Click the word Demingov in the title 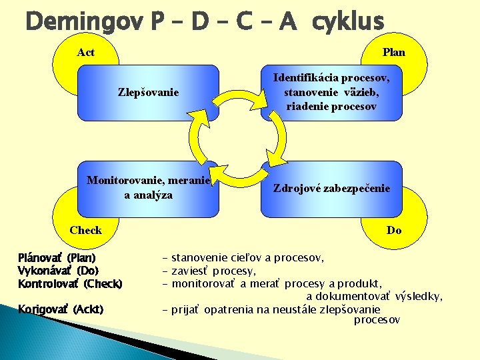click(x=84, y=21)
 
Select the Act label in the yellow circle click(x=86, y=52)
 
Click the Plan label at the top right click(x=393, y=52)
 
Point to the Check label click(x=86, y=230)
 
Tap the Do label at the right click(x=394, y=230)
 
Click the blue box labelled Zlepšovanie click(x=148, y=92)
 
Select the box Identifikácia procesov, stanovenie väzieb click(x=331, y=92)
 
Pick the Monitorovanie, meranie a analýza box click(x=148, y=188)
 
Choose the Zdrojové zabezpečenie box click(x=331, y=189)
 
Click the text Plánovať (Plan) click(x=57, y=257)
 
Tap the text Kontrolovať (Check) click(x=70, y=284)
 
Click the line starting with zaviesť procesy click(x=213, y=271)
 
